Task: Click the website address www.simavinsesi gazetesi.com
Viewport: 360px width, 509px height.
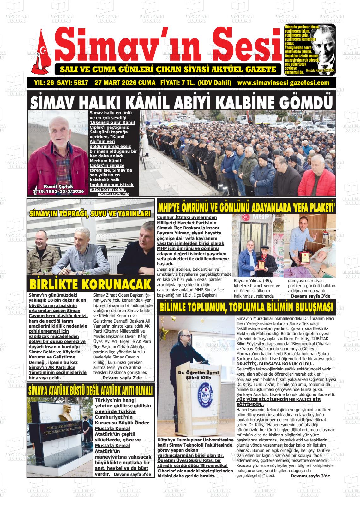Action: click(x=283, y=83)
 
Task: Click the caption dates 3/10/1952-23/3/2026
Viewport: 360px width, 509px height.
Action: click(x=58, y=191)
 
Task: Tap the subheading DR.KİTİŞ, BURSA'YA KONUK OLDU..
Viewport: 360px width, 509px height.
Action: click(x=271, y=364)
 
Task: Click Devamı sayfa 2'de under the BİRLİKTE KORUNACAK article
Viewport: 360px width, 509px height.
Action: click(x=122, y=377)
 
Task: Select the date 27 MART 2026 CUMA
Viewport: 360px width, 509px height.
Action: click(x=125, y=83)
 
